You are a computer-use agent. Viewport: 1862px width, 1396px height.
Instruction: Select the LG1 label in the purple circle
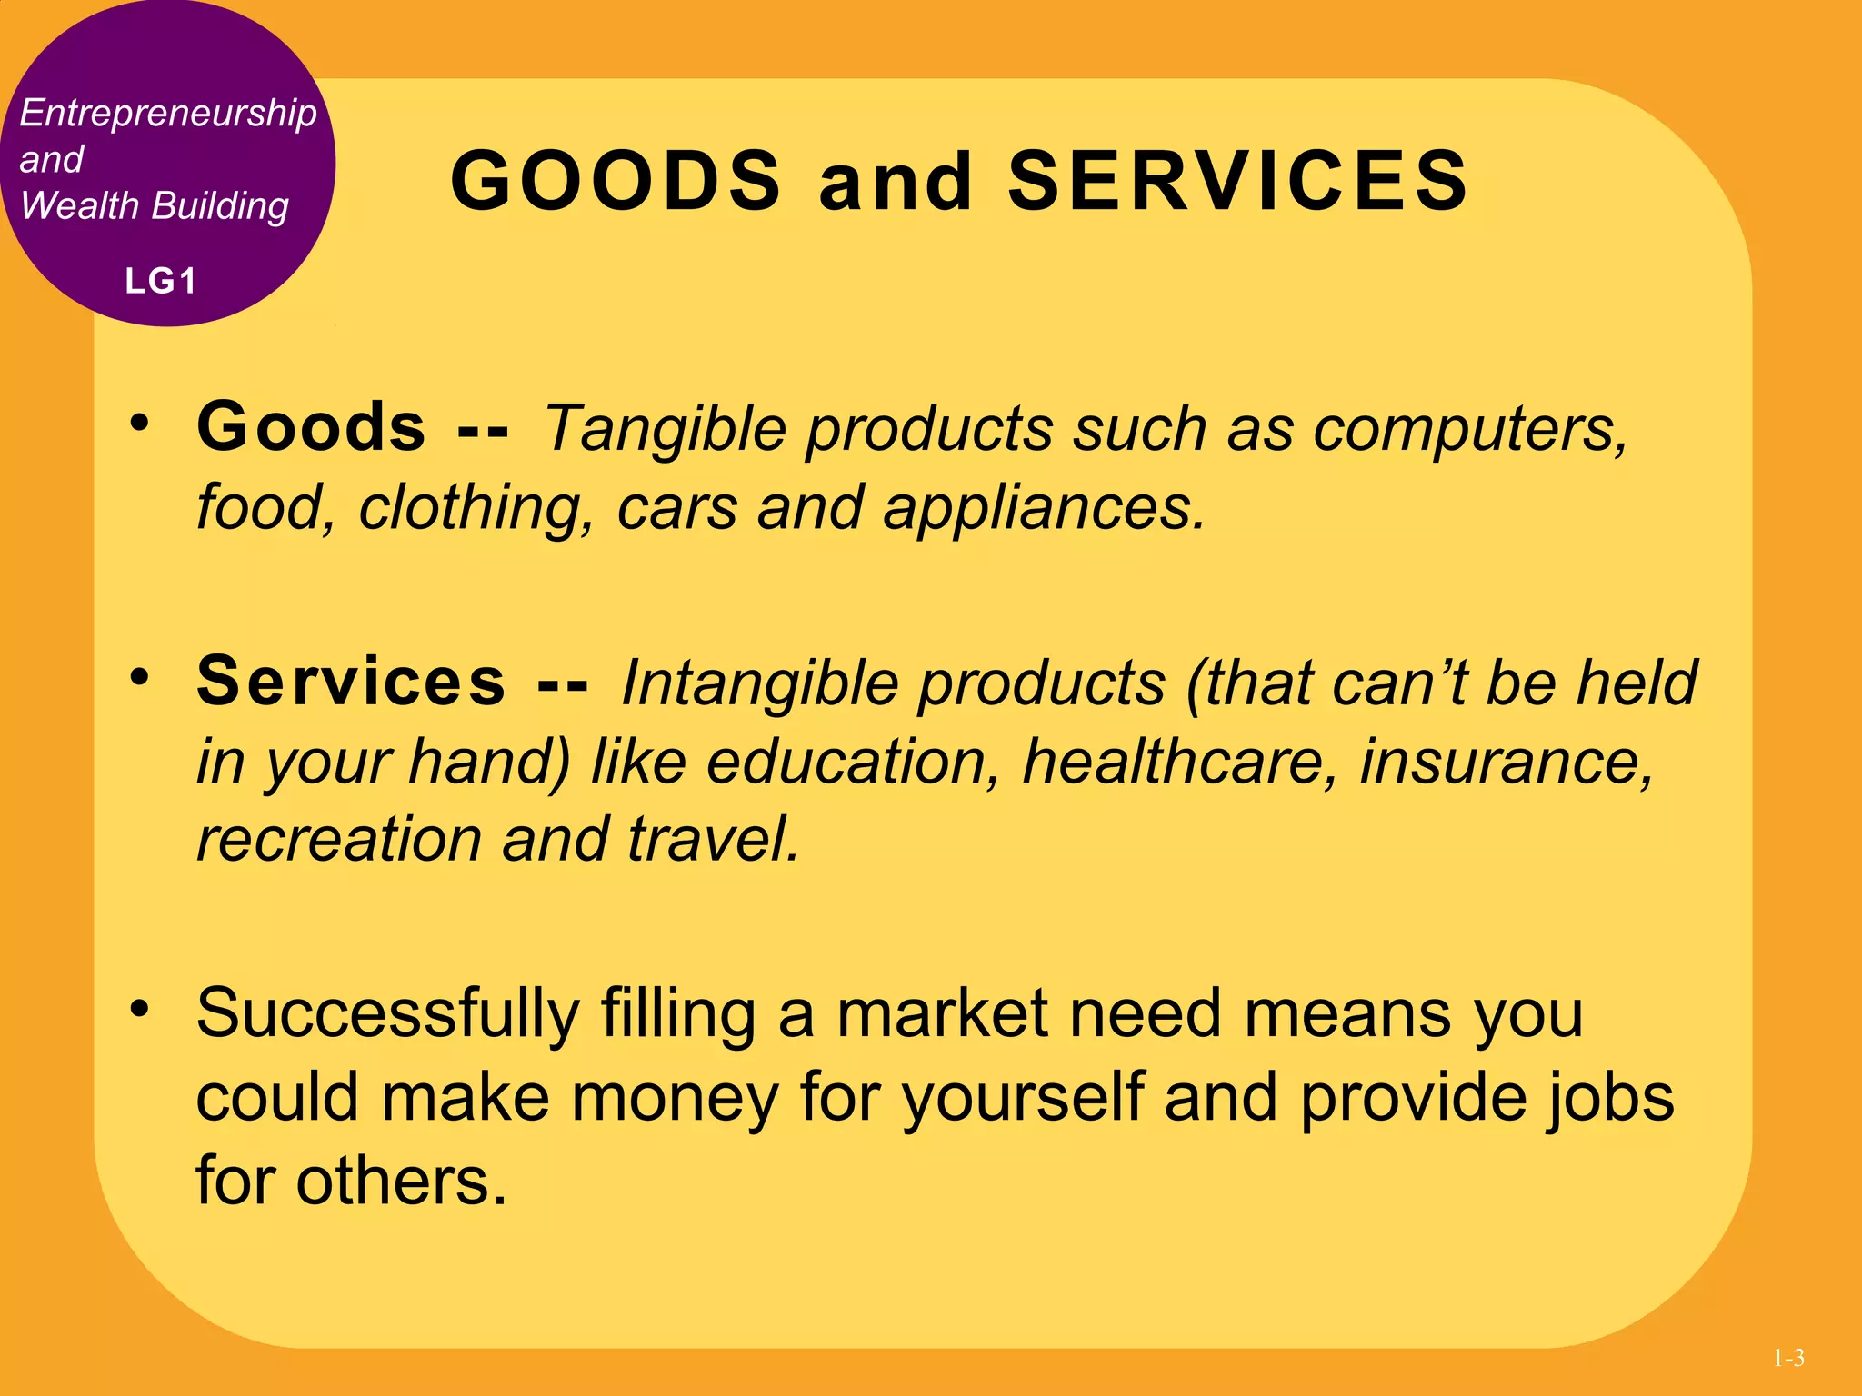[161, 282]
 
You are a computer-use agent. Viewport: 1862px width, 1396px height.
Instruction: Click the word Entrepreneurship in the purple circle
[168, 114]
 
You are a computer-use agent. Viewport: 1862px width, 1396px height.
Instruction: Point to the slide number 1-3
[1788, 1359]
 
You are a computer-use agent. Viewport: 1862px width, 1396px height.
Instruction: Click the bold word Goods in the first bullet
[311, 426]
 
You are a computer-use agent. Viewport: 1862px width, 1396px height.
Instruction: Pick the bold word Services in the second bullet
[351, 681]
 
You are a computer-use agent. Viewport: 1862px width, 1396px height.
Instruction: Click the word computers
[1469, 428]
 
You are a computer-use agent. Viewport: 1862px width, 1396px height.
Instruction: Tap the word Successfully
[387, 1013]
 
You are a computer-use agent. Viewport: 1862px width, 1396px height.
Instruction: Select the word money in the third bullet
[674, 1097]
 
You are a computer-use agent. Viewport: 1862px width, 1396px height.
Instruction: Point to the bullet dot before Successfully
[138, 1008]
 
